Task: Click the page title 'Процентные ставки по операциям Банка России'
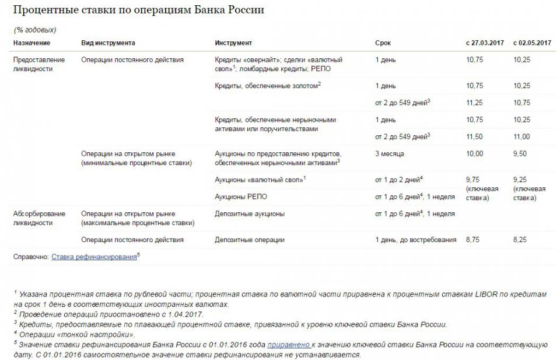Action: point(138,11)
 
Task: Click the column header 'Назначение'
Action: point(32,43)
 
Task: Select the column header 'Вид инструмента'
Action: point(108,43)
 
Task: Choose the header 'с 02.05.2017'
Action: point(532,43)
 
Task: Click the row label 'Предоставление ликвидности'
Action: point(39,64)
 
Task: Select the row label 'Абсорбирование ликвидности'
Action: point(39,218)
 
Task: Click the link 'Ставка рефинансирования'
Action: point(94,256)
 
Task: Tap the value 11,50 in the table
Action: point(473,137)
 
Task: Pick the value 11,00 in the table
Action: point(521,137)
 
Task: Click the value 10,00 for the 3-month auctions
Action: point(473,153)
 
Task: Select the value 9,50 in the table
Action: point(520,153)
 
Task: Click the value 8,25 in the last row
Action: point(520,239)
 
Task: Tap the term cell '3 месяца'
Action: point(390,153)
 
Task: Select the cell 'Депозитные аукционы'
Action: point(250,214)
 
